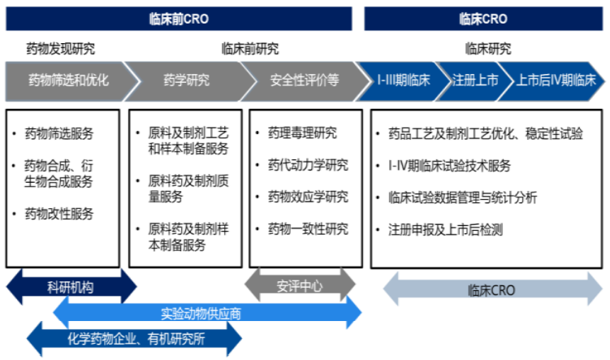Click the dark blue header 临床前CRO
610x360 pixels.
[179, 19]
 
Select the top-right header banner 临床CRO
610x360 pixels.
[483, 19]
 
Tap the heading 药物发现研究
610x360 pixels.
[60, 49]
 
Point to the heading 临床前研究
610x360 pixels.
[250, 49]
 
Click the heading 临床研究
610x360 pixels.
[488, 49]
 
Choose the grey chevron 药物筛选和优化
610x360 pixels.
[70, 80]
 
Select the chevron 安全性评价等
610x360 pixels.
[305, 80]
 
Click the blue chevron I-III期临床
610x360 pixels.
[404, 80]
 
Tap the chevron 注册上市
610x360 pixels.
[475, 80]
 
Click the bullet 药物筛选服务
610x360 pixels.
[58, 133]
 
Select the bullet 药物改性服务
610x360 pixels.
[58, 214]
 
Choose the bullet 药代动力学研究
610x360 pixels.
[308, 165]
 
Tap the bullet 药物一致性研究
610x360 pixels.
[308, 229]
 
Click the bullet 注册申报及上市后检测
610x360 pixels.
[445, 230]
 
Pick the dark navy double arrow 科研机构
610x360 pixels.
[71, 287]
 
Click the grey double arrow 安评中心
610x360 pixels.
[300, 286]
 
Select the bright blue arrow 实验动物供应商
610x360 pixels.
[207, 313]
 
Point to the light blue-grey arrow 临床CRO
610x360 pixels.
[492, 289]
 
